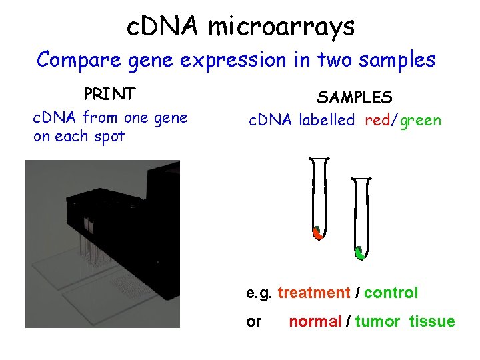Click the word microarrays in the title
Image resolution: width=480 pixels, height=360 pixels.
coord(281,27)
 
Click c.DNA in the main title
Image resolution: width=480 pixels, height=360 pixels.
coord(163,27)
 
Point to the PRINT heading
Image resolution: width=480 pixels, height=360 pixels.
coord(109,93)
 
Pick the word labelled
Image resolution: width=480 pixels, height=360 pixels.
coord(327,121)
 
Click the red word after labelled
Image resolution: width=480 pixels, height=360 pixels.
coord(380,121)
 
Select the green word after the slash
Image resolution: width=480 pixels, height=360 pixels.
coord(421,121)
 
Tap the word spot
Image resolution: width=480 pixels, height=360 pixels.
coord(107,137)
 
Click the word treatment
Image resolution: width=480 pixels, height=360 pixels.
coord(313,293)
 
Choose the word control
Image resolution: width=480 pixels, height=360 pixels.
coord(391,293)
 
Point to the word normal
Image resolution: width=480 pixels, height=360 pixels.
coord(314,322)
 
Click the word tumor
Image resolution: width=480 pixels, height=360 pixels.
coord(377,322)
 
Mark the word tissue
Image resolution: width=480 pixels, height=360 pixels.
coord(432,322)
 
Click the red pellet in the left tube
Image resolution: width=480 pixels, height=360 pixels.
coord(319,233)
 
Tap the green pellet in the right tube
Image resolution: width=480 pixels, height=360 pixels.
coord(360,253)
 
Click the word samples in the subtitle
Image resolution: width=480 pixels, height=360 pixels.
coord(397,60)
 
